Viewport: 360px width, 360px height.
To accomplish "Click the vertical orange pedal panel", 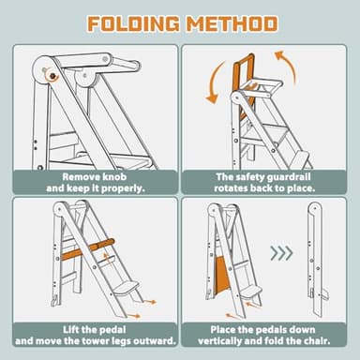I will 222,280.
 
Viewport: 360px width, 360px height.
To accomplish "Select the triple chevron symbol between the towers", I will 280,253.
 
